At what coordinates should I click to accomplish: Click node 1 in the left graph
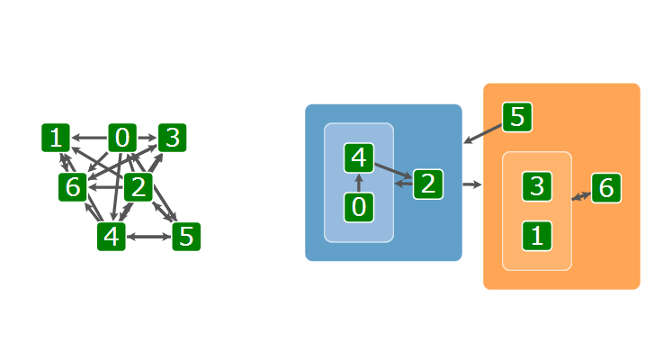tap(56, 139)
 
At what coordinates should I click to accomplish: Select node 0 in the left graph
tap(122, 139)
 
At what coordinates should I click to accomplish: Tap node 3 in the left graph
tap(172, 139)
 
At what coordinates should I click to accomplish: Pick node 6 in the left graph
tap(72, 188)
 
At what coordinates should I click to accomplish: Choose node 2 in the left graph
tap(138, 188)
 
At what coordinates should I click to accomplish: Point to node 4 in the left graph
tap(112, 237)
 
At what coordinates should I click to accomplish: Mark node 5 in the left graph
tap(185, 237)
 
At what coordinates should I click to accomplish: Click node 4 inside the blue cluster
tap(358, 158)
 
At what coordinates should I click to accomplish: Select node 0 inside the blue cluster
tap(358, 208)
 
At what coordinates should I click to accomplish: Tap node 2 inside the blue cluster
tap(427, 184)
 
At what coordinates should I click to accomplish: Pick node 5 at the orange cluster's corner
tap(516, 117)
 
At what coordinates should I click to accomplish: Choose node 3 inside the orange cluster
tap(536, 186)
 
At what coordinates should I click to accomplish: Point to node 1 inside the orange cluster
tap(536, 237)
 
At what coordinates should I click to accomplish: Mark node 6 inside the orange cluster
tap(605, 188)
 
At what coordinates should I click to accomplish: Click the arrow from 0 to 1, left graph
tap(89, 139)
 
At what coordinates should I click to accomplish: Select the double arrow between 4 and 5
tap(148, 237)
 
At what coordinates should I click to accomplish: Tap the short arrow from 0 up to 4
tap(358, 184)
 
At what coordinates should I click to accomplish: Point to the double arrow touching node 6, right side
tap(581, 194)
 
